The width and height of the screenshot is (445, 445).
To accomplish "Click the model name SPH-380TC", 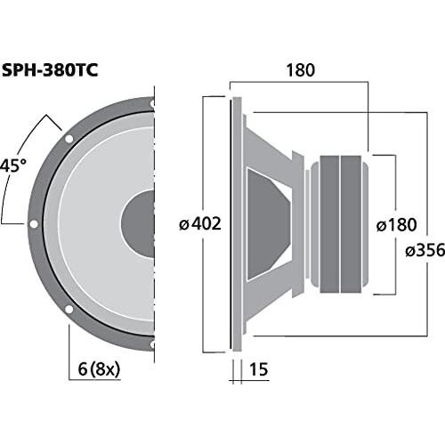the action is point(50,71).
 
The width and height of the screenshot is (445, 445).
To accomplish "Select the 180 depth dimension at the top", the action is point(300,70).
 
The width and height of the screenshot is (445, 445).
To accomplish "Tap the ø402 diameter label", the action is point(200,224).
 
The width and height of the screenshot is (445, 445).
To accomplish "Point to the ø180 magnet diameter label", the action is point(397,225).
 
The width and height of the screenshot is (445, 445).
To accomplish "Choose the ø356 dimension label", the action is point(425,250).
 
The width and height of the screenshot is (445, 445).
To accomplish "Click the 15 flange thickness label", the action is point(259,369).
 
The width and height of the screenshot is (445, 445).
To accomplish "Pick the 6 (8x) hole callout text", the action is point(99,370).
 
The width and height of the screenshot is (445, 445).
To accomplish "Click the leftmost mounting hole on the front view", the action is point(34,224).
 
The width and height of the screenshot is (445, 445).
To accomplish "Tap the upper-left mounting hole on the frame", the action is point(69,139).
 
